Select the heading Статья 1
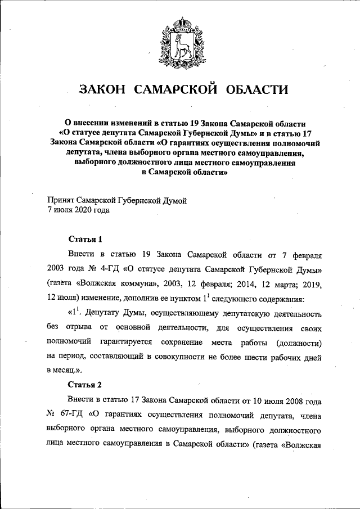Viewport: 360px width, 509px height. pos(84,238)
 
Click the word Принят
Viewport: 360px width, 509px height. pos(62,200)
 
